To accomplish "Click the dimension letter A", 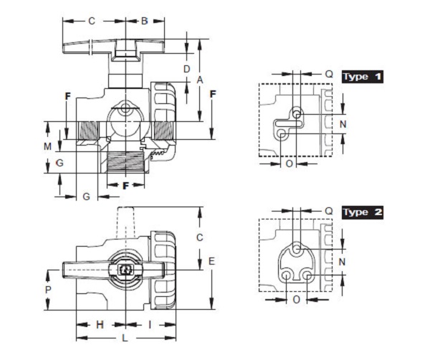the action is click(x=200, y=80).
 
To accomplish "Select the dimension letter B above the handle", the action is click(x=144, y=21).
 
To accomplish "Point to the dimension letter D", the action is click(x=186, y=69).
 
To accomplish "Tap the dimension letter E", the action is click(x=211, y=261).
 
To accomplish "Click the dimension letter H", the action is click(x=100, y=325).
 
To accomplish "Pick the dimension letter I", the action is click(x=150, y=325).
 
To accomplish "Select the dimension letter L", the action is click(x=125, y=338).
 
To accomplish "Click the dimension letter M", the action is click(x=47, y=146).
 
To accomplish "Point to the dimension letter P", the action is click(x=48, y=290).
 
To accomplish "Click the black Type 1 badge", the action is click(x=362, y=77).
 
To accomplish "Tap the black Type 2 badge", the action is click(x=362, y=212).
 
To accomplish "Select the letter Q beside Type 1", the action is click(x=329, y=74).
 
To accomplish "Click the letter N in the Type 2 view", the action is click(x=342, y=262).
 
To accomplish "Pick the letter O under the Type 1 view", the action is click(x=290, y=164).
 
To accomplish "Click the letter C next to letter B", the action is click(x=92, y=21).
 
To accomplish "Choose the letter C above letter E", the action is click(x=200, y=237).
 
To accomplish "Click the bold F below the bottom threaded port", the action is click(x=125, y=186).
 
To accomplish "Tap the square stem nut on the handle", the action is click(x=125, y=270).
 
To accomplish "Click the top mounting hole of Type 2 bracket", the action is click(x=297, y=250).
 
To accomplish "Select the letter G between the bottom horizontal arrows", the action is click(x=87, y=196).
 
